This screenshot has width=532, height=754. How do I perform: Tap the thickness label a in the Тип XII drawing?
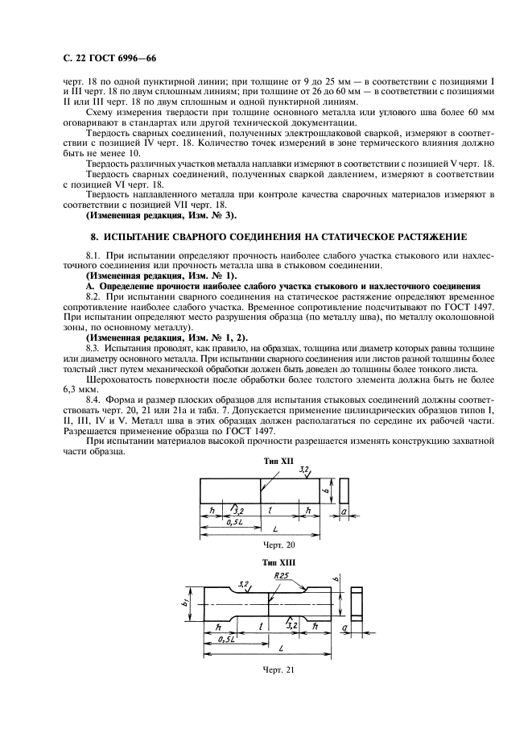point(344,512)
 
